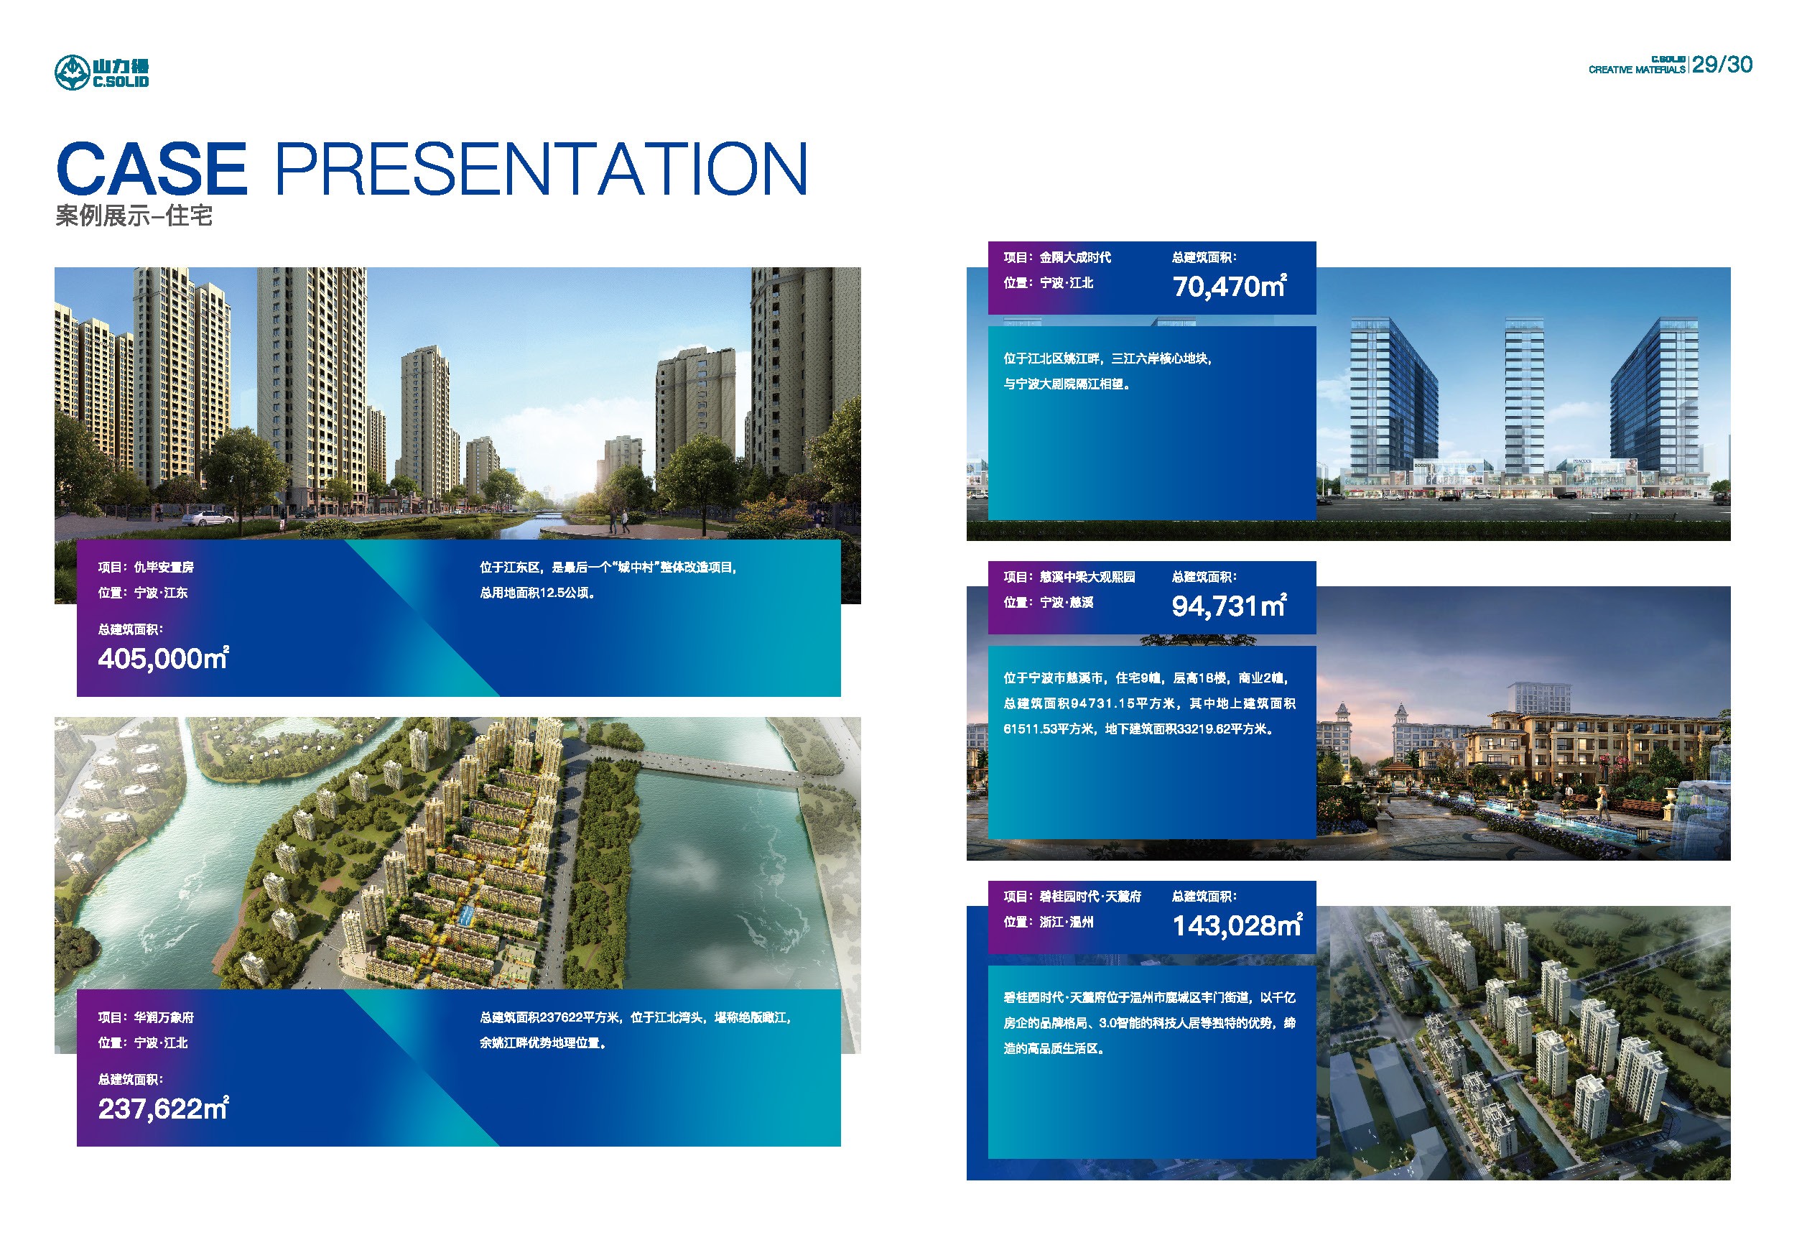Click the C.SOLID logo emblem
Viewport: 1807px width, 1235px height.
tap(73, 73)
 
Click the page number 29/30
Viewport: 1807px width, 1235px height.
tap(1722, 65)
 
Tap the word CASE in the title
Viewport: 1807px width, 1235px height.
tap(152, 169)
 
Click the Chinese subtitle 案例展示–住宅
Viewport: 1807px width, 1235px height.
tap(134, 216)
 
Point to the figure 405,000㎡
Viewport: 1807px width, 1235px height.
tap(163, 659)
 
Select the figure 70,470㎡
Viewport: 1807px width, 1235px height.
tap(1230, 286)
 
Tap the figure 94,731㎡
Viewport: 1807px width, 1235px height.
tap(1230, 606)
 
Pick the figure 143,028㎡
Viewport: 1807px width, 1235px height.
tap(1237, 925)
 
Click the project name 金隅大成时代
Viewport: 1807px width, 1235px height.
tap(1075, 257)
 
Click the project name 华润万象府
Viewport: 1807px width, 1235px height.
tap(164, 1017)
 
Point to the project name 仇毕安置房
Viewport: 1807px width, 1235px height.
tap(164, 568)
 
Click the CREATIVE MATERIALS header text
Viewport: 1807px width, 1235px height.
tap(1637, 70)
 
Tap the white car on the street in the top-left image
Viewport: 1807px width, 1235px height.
tap(208, 517)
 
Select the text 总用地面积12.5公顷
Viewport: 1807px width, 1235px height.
tap(537, 593)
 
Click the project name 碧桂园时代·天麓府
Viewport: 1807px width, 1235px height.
tap(1090, 897)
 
